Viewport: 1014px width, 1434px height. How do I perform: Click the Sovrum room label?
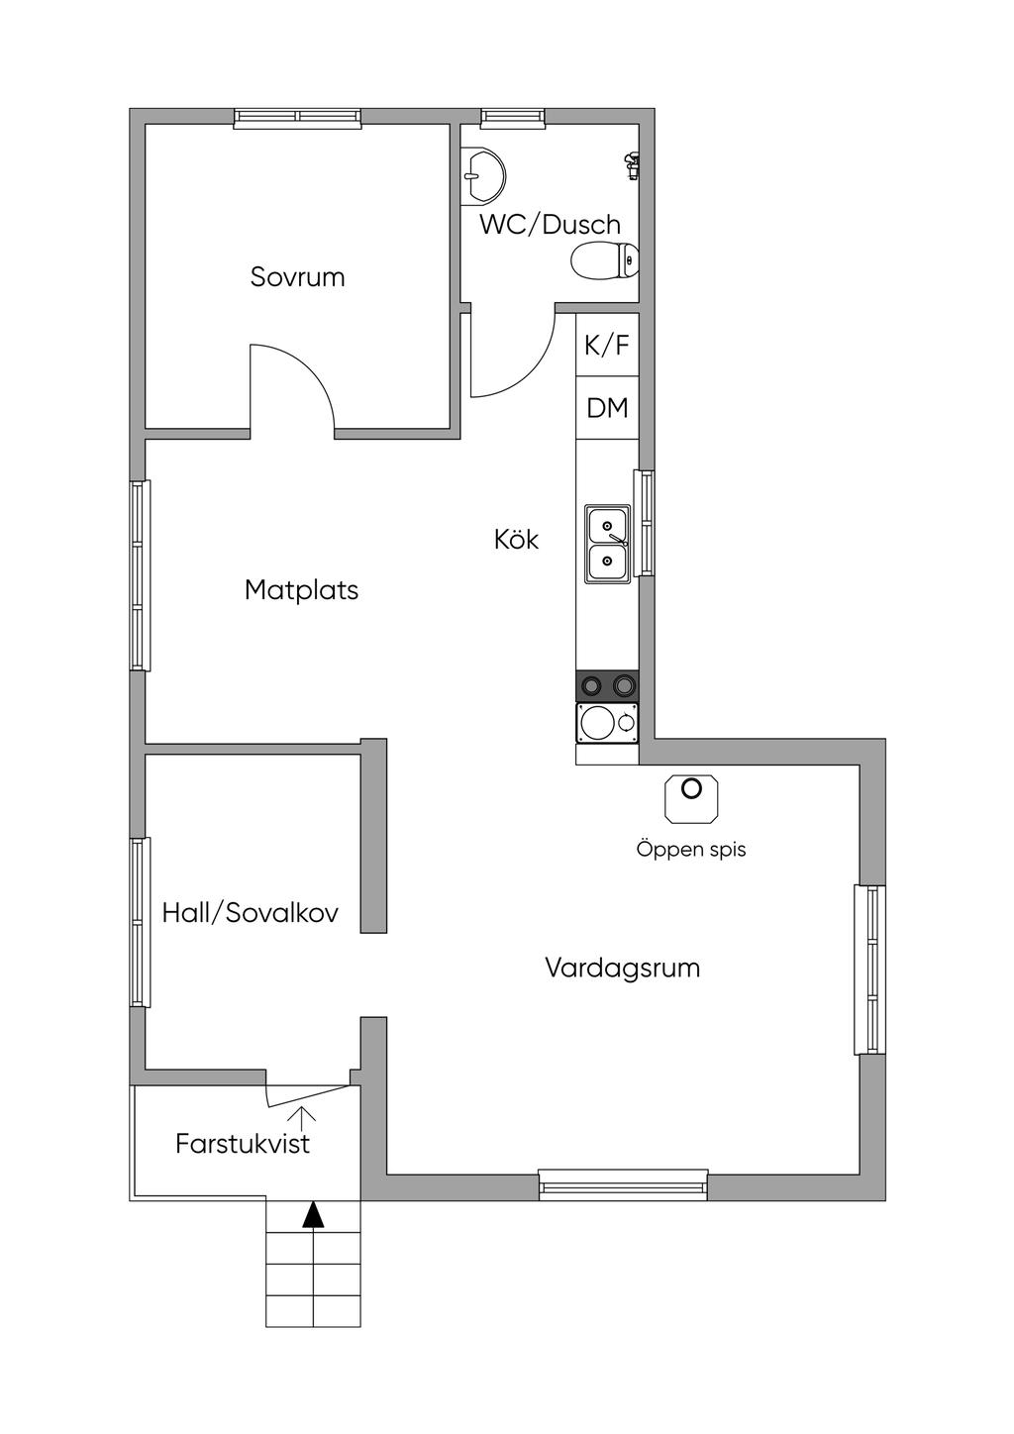(298, 277)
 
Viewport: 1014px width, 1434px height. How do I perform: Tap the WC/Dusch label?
(551, 225)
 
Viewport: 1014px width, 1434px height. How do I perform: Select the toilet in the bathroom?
(605, 260)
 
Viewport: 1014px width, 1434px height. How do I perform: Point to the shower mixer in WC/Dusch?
(631, 165)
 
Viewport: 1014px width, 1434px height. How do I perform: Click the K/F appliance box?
(607, 345)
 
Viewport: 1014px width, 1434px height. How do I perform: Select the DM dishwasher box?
(607, 408)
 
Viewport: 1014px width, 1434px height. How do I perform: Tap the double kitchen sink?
(607, 544)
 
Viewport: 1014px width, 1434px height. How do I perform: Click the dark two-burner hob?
(607, 685)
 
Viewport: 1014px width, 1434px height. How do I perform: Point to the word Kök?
(516, 539)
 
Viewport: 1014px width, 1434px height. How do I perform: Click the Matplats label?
(301, 589)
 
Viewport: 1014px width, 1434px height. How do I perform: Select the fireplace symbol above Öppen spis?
(691, 798)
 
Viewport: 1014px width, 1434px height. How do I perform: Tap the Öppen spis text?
(691, 850)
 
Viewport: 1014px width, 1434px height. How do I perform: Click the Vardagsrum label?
(622, 968)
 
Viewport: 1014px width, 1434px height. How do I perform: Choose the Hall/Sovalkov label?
(251, 913)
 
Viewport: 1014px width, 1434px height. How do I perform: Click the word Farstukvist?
(243, 1144)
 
